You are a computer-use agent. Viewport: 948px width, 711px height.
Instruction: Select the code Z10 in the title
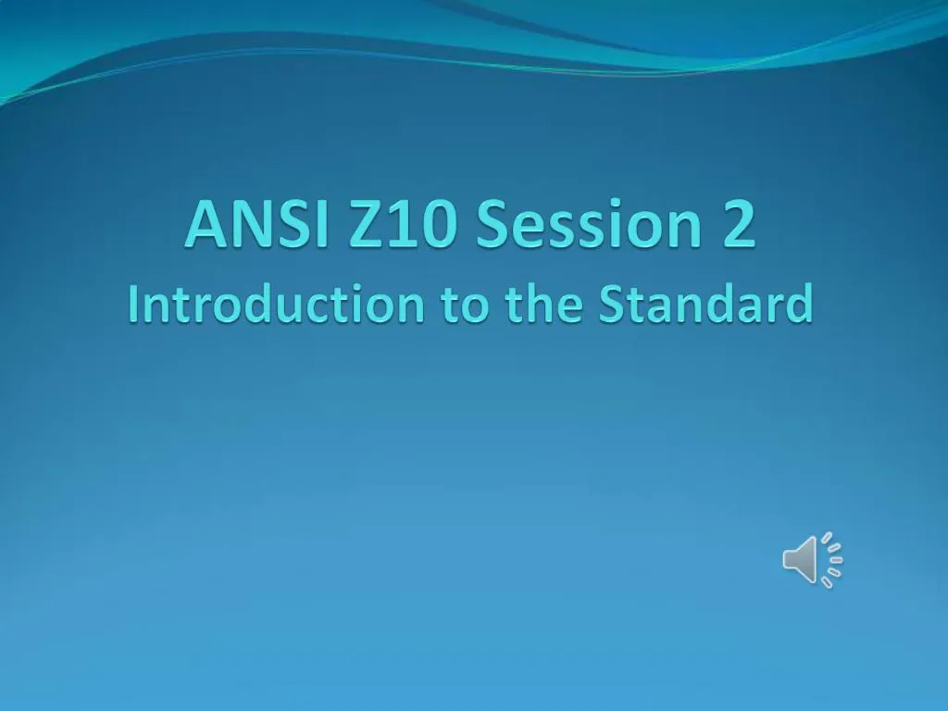click(401, 225)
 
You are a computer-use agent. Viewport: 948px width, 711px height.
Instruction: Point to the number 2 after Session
click(739, 225)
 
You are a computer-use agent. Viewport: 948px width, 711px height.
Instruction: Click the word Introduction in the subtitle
click(277, 306)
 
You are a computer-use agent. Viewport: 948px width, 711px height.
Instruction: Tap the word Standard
click(706, 306)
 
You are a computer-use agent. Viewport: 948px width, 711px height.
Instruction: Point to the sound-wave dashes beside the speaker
click(831, 559)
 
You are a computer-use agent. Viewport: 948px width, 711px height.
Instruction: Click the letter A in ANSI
click(205, 225)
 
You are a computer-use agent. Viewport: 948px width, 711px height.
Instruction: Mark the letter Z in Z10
click(367, 225)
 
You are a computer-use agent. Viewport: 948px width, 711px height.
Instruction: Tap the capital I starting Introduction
click(134, 306)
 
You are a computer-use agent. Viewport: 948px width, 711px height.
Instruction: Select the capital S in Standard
click(612, 306)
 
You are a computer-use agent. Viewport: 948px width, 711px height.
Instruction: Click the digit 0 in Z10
click(436, 225)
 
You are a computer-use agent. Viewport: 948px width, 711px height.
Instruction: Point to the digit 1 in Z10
click(403, 225)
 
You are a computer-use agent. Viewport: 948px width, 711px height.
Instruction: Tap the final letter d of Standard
click(800, 306)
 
